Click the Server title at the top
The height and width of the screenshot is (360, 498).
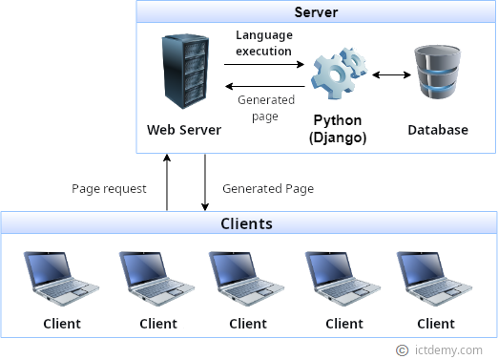(x=316, y=13)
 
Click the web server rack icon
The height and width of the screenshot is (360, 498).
(x=184, y=73)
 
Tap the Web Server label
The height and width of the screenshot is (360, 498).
(x=184, y=130)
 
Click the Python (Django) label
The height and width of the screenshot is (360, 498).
(x=339, y=130)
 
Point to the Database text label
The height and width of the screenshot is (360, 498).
(x=438, y=130)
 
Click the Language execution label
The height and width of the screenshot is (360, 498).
(x=264, y=43)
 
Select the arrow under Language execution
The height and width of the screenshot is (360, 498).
(x=264, y=65)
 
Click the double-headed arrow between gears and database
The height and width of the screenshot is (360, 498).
(x=390, y=74)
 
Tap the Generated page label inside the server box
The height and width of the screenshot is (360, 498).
(x=259, y=107)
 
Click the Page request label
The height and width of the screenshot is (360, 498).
(x=110, y=188)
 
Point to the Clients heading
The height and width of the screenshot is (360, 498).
(x=247, y=224)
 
